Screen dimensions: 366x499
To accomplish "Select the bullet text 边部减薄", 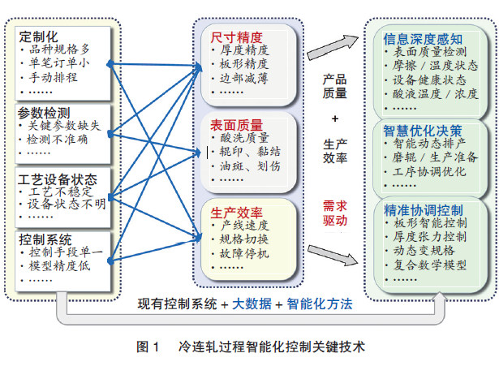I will [x=243, y=78].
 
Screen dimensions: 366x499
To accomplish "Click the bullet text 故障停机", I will [x=243, y=252].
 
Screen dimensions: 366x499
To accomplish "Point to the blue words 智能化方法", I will [x=320, y=304].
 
